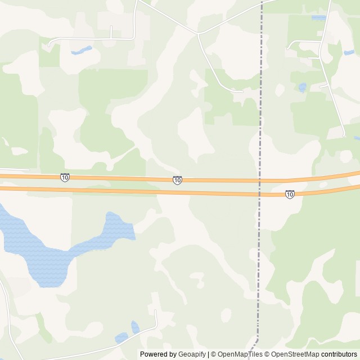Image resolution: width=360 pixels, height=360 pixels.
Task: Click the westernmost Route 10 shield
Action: tap(65, 177)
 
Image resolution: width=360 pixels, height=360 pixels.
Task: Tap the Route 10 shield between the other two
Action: tap(177, 180)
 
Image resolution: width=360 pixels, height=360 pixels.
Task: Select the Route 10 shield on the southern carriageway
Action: tap(289, 195)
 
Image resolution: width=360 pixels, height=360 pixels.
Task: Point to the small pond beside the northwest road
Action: tap(82, 51)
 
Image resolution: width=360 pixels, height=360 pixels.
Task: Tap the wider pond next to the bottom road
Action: tap(121, 337)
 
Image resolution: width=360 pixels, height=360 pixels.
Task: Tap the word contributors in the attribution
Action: tap(339, 354)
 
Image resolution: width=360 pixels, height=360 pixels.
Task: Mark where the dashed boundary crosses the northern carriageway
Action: tap(259, 181)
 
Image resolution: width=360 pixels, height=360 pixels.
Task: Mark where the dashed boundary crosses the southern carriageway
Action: tap(259, 195)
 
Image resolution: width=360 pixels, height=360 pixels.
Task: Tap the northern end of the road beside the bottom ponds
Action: tap(155, 311)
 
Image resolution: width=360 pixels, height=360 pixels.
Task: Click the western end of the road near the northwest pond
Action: tap(49, 44)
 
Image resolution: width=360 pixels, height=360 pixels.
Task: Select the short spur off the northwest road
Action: tap(111, 31)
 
